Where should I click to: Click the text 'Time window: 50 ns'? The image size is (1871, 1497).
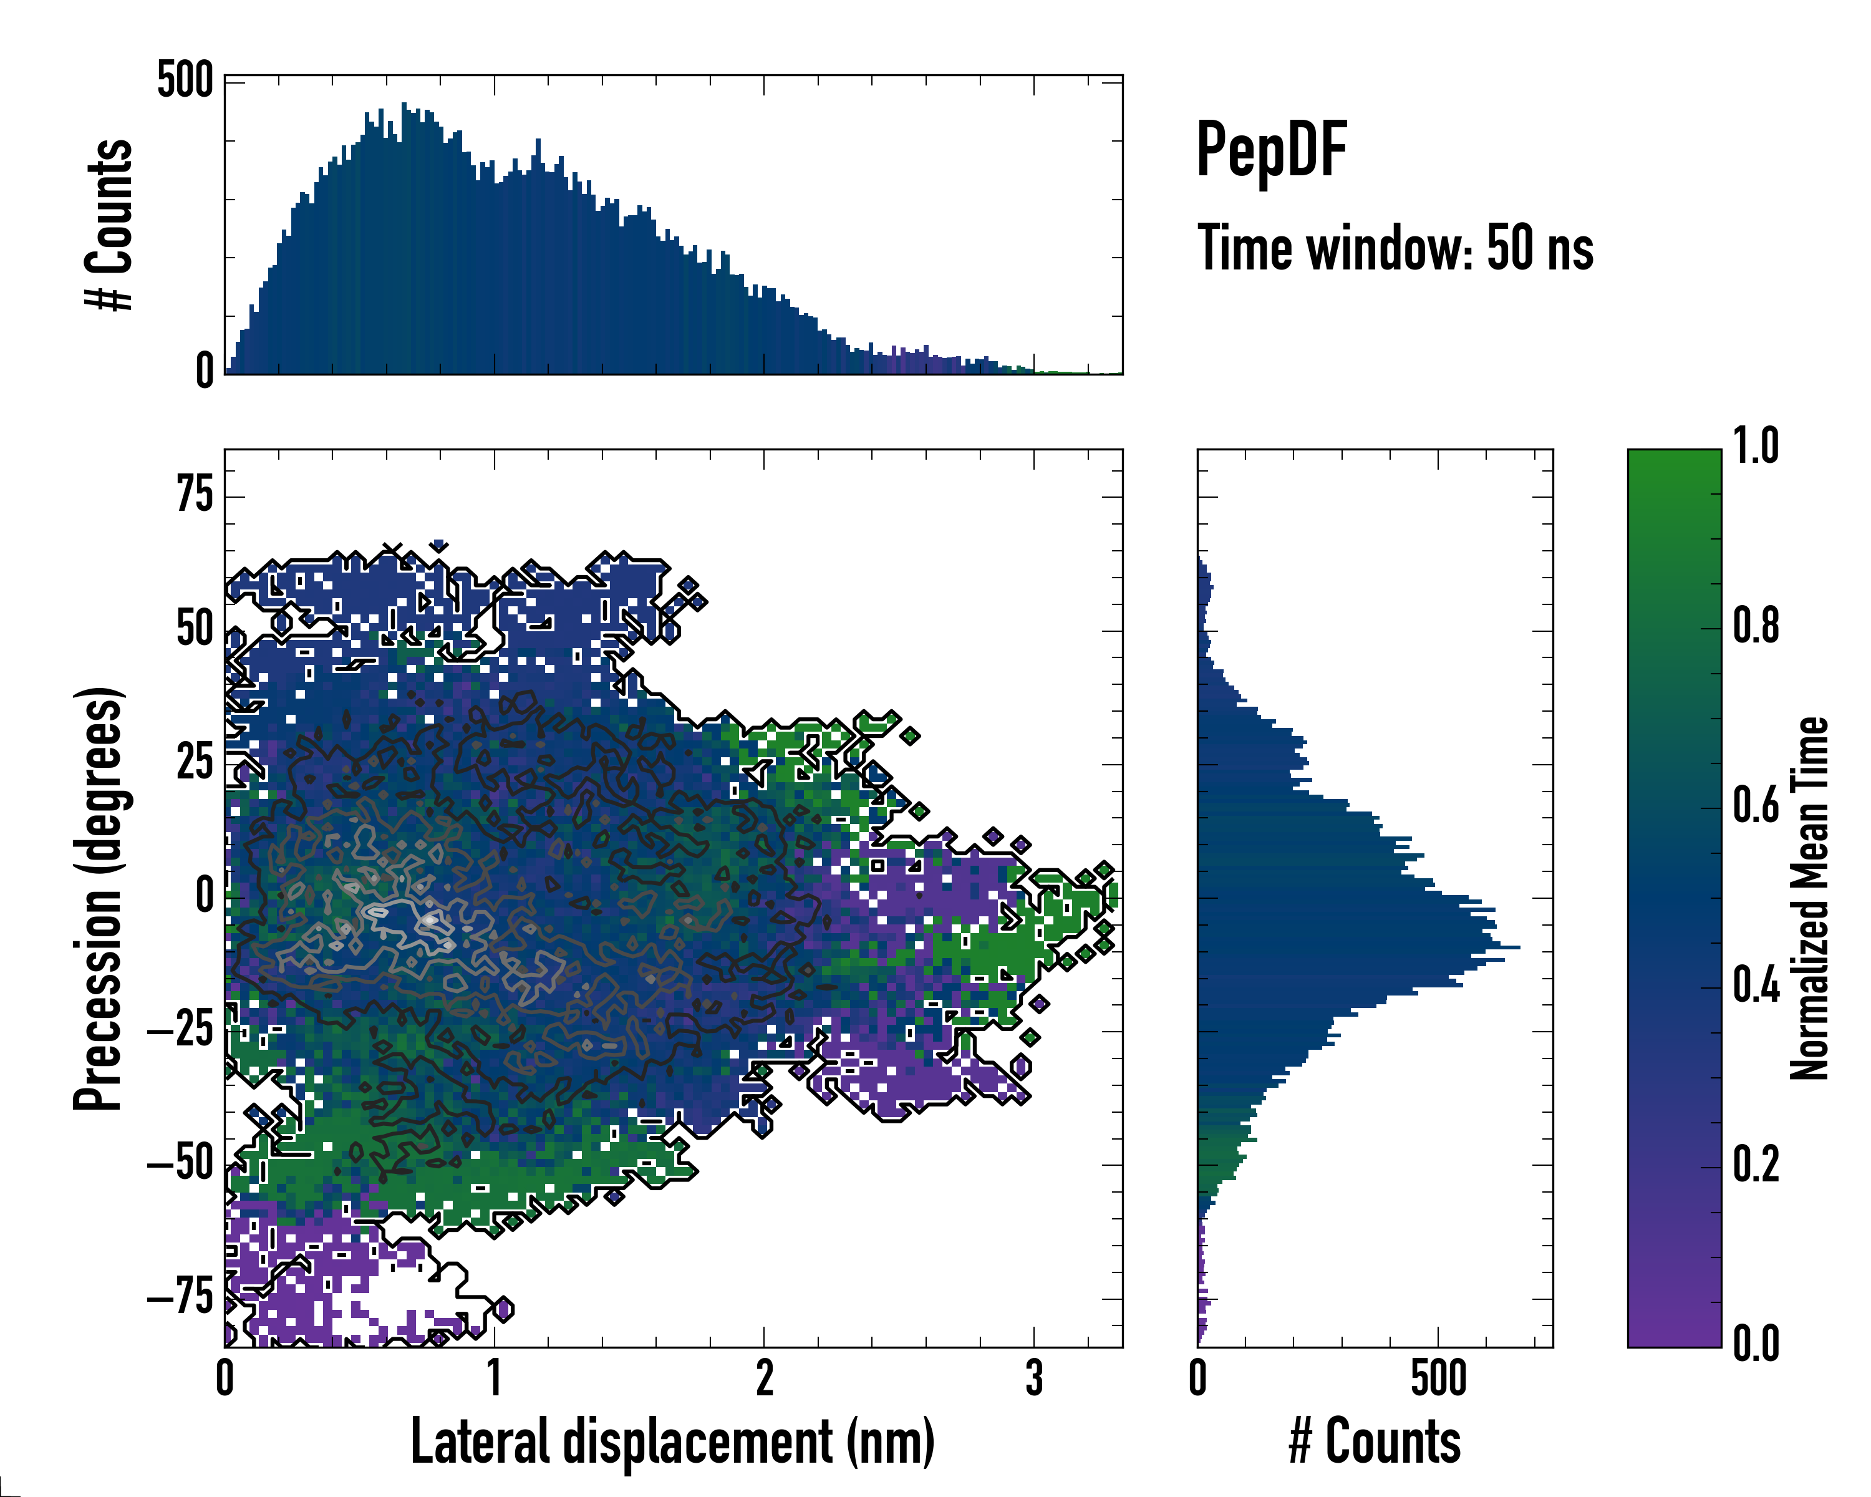click(x=1395, y=248)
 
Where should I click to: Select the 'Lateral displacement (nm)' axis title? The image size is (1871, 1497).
click(x=672, y=1441)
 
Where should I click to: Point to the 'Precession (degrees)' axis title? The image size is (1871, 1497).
click(x=98, y=898)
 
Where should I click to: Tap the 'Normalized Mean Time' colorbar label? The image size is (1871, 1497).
click(x=1809, y=898)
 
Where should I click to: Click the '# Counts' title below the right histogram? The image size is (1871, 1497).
click(x=1375, y=1441)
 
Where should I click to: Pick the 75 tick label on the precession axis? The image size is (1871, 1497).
click(x=195, y=497)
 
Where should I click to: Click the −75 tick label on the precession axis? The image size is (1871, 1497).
click(x=180, y=1298)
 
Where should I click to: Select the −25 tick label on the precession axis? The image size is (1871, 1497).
click(x=180, y=1031)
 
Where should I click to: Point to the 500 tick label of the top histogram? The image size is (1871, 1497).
click(x=185, y=82)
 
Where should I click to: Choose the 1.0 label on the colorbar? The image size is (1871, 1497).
click(x=1756, y=448)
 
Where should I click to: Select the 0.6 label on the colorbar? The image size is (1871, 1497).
click(x=1756, y=807)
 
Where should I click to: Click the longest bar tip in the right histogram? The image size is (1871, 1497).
click(x=1518, y=947)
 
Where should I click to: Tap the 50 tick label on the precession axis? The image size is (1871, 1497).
click(x=195, y=630)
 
